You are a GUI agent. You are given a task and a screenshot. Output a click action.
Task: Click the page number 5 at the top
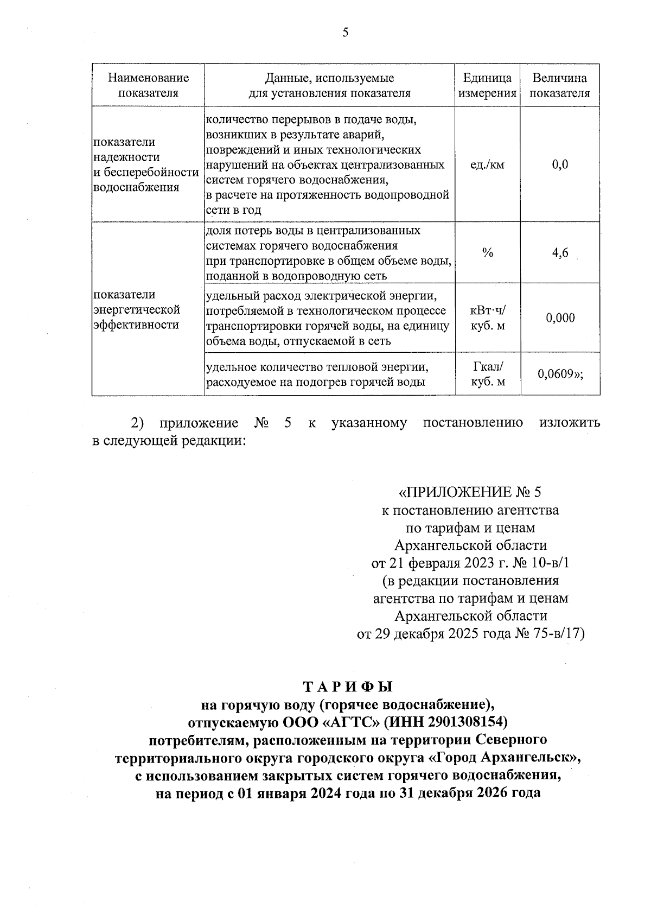(x=346, y=33)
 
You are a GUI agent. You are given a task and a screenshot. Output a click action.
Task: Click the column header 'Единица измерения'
(x=487, y=86)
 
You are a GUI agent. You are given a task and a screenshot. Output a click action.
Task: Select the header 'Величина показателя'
(x=559, y=86)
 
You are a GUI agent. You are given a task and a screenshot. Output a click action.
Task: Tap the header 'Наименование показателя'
(x=148, y=86)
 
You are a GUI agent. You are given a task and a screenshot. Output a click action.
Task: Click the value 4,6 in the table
(x=560, y=253)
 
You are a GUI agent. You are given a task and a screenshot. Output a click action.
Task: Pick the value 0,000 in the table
(x=560, y=318)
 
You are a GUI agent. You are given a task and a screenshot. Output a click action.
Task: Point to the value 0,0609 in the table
(x=557, y=374)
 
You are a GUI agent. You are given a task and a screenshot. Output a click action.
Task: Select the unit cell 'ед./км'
(x=487, y=164)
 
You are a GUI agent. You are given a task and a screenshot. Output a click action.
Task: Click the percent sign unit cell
(x=487, y=253)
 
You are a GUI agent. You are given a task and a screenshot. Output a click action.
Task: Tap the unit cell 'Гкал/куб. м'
(x=487, y=374)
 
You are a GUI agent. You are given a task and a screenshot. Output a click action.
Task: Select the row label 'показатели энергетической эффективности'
(x=137, y=310)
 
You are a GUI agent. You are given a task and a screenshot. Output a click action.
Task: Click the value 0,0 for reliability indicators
(x=560, y=164)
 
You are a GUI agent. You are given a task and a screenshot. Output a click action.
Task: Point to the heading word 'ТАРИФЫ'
(x=347, y=687)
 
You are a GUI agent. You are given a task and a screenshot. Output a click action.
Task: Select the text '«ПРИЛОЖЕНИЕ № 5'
(x=470, y=492)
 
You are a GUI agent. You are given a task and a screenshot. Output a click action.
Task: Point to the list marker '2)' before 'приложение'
(x=137, y=423)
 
